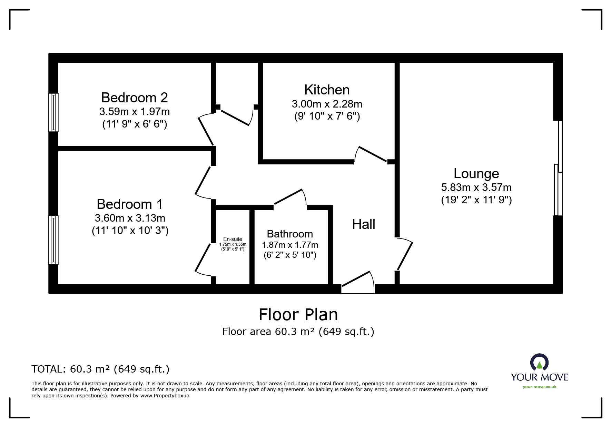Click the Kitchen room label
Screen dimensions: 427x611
pos(327,90)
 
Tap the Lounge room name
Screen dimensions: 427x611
pos(476,174)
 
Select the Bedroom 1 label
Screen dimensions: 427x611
pos(129,204)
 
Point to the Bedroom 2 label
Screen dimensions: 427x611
pos(134,98)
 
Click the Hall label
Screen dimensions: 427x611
pos(363,224)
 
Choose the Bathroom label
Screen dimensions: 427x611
pos(290,234)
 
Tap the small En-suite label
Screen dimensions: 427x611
pos(233,239)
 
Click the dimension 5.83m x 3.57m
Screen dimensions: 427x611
pos(476,187)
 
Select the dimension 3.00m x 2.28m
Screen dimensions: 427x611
pos(327,104)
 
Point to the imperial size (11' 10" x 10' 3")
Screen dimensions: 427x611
pos(130,231)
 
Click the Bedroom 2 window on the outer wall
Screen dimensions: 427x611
pos(53,112)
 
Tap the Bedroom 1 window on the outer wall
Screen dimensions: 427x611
pos(53,240)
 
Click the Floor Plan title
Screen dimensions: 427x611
pos(298,315)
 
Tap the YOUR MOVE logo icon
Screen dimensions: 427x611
pos(539,362)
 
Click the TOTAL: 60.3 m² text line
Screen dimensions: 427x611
pos(100,369)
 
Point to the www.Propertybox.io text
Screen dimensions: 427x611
pos(165,396)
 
